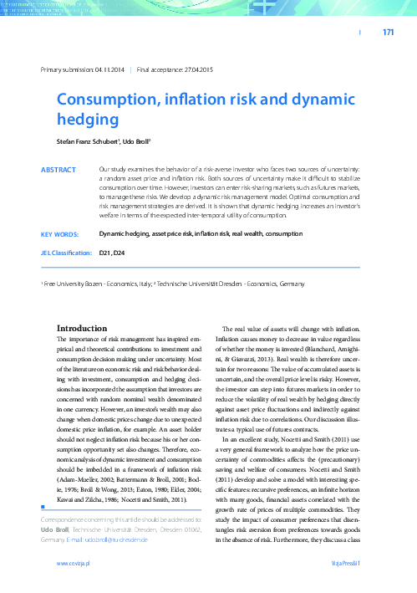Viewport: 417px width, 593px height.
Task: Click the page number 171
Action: (x=387, y=33)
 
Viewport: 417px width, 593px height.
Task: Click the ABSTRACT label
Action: (x=58, y=169)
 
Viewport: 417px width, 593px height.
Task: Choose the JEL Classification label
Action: (x=66, y=252)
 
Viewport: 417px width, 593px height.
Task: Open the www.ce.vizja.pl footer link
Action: (x=74, y=565)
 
